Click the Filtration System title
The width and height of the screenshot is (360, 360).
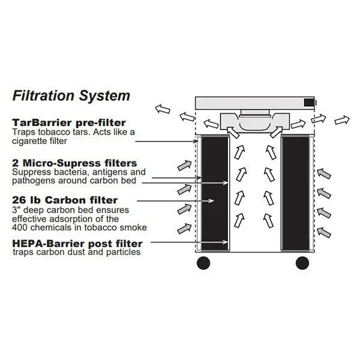tap(71, 95)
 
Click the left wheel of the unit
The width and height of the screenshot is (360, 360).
tap(203, 262)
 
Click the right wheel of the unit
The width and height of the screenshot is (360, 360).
tap(302, 262)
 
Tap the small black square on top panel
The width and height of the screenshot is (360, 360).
tap(309, 103)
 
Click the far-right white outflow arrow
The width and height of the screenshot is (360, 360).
tap(343, 120)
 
